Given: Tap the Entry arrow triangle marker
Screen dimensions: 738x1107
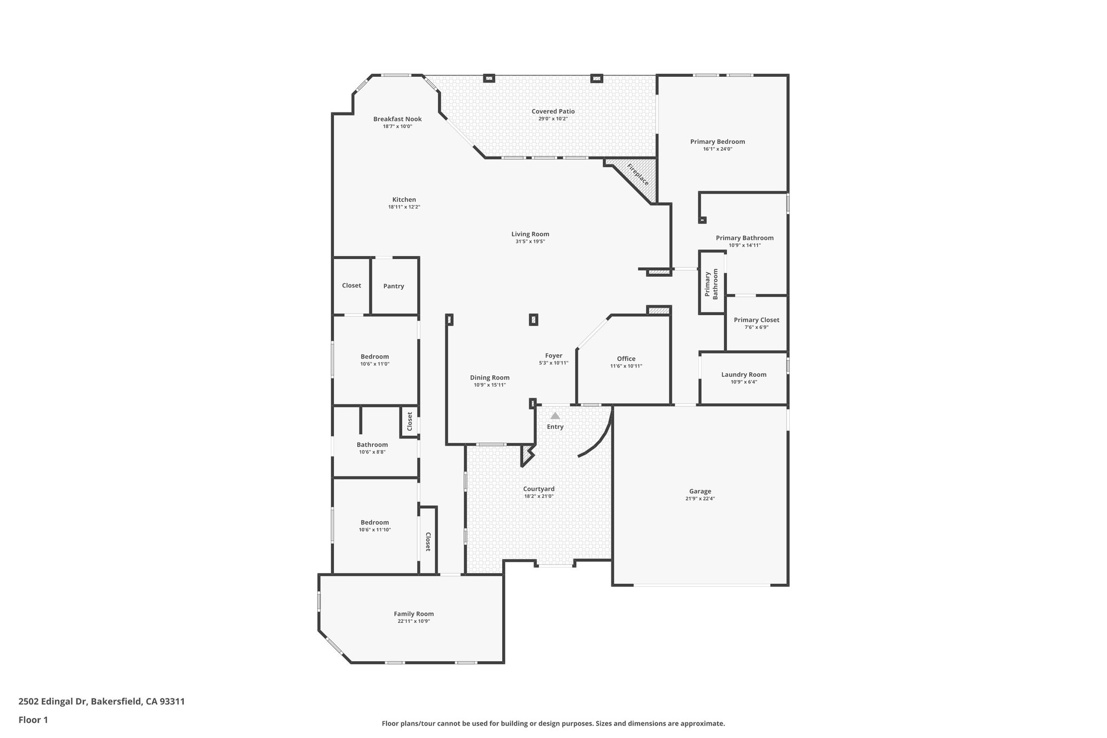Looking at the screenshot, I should coord(555,416).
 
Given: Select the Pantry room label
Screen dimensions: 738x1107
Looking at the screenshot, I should coord(394,286).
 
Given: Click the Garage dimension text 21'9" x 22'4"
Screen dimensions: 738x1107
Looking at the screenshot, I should coord(700,499).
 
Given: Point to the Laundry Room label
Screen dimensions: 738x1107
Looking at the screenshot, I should coord(743,375).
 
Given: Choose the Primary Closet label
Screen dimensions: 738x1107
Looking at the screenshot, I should coord(756,320).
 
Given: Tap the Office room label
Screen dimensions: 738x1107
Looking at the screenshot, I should coord(626,358).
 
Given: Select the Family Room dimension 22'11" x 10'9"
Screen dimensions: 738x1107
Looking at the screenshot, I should coord(414,621).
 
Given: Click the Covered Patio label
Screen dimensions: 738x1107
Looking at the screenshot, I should coord(553,111).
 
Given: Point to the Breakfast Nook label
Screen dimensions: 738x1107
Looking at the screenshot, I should coord(397,119).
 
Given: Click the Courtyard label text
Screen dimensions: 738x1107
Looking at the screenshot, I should coord(538,489).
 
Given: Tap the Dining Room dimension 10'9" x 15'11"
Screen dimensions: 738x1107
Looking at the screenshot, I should coord(490,385).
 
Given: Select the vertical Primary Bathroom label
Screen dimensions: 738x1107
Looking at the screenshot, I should coord(711,284).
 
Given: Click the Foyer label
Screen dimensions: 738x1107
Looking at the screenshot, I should coord(553,356).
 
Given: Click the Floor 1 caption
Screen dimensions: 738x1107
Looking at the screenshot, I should coord(33,720).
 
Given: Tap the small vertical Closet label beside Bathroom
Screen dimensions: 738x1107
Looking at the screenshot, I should coord(410,421).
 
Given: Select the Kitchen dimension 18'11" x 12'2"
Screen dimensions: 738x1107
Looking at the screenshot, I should coord(404,207).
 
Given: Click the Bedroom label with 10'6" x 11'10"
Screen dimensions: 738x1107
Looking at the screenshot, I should coord(375,522).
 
